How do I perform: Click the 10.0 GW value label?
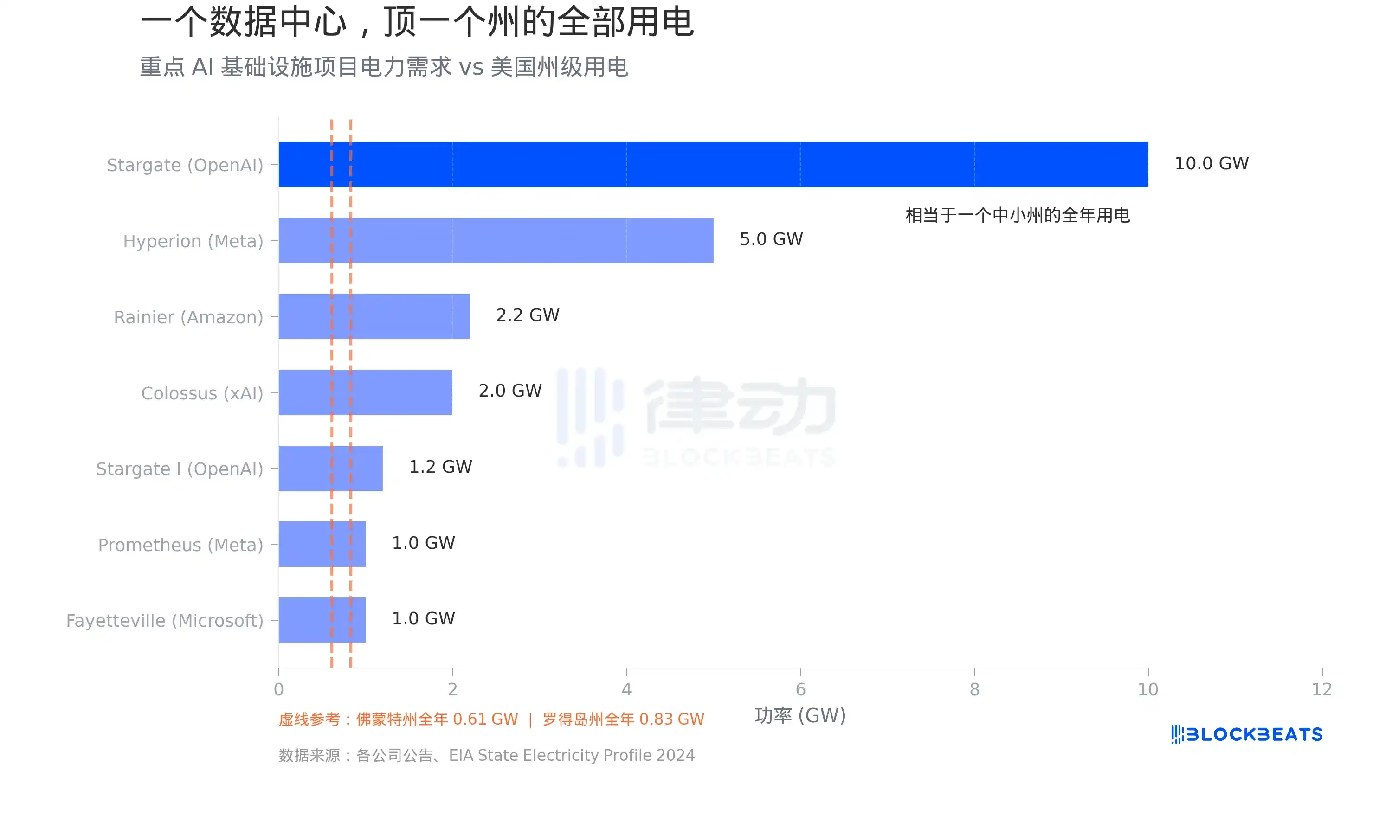pyautogui.click(x=1211, y=164)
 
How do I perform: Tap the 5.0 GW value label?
pyautogui.click(x=771, y=239)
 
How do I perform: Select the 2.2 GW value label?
pyautogui.click(x=527, y=315)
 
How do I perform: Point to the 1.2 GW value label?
pyautogui.click(x=440, y=467)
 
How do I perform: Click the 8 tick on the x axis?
pyautogui.click(x=974, y=689)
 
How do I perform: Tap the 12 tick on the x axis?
pyautogui.click(x=1321, y=689)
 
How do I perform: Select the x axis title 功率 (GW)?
pyautogui.click(x=799, y=716)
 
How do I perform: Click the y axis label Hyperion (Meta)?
pyautogui.click(x=193, y=241)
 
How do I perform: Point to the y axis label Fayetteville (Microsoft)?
pyautogui.click(x=164, y=621)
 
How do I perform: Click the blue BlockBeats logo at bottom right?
pyautogui.click(x=1246, y=734)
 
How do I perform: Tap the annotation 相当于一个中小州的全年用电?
pyautogui.click(x=1017, y=215)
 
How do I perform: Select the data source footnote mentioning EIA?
pyautogui.click(x=486, y=755)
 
